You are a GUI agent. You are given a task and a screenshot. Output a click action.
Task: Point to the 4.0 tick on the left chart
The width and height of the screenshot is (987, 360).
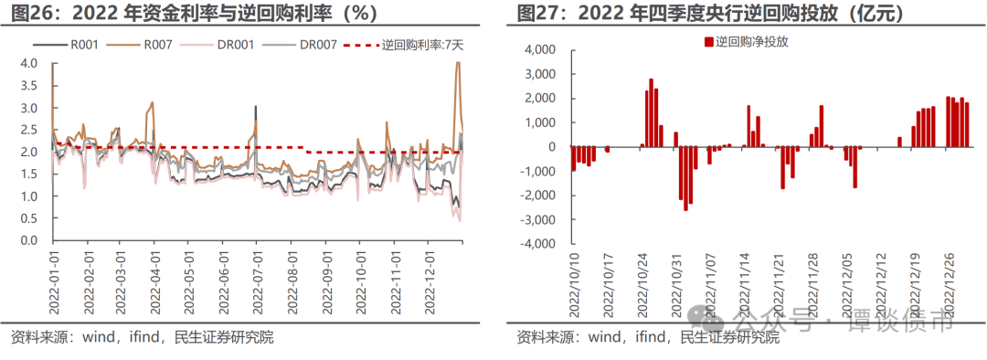click(x=28, y=63)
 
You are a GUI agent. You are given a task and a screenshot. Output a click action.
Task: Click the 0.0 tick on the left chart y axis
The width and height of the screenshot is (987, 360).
click(x=28, y=241)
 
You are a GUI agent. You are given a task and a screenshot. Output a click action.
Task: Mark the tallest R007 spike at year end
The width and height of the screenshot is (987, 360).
click(x=457, y=65)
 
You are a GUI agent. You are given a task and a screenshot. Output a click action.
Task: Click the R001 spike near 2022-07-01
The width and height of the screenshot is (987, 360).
click(x=255, y=108)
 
